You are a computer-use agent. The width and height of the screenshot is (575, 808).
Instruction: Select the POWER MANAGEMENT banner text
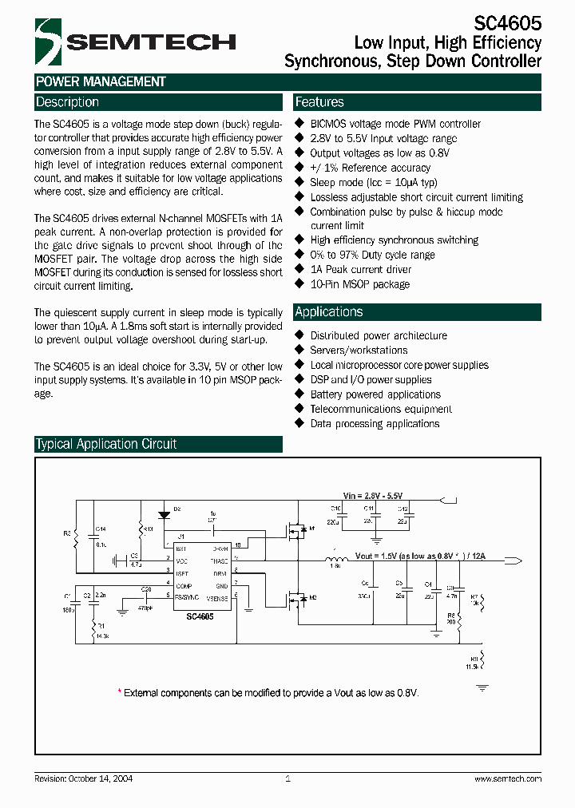[x=101, y=81]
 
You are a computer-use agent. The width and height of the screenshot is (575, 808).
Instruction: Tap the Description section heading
[x=68, y=102]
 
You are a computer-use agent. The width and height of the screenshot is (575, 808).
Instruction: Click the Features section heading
[x=319, y=102]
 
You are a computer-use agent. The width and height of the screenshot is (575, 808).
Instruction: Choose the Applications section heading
[x=329, y=312]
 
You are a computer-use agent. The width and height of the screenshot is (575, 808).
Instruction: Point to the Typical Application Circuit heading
[x=106, y=444]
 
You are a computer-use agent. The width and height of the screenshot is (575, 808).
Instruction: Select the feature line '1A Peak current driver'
[x=361, y=270]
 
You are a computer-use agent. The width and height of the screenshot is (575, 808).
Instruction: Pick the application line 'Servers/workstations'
[x=359, y=351]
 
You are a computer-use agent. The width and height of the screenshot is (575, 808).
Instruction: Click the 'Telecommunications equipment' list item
[x=381, y=409]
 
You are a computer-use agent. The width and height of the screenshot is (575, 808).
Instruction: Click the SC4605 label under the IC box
[x=200, y=617]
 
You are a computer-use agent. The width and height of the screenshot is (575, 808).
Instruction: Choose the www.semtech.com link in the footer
[x=507, y=778]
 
